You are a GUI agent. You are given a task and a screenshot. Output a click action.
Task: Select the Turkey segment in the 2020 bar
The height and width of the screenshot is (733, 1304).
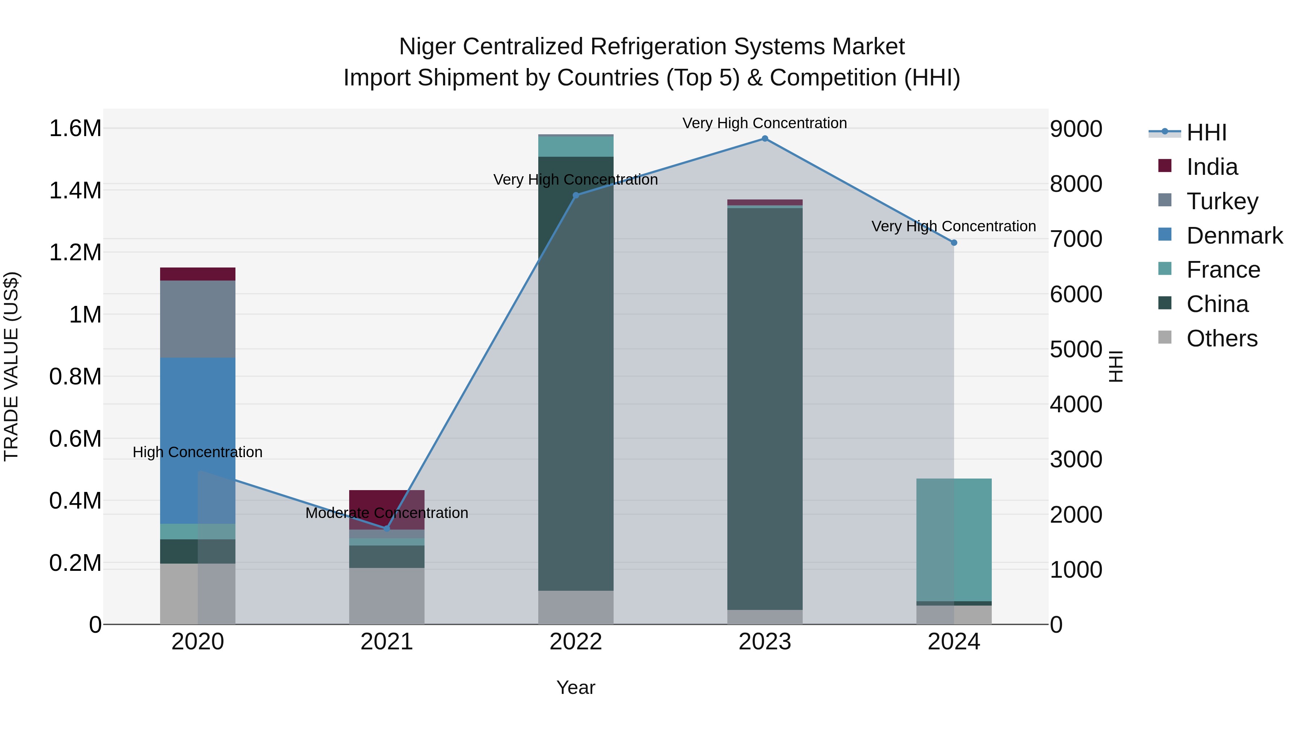coord(197,319)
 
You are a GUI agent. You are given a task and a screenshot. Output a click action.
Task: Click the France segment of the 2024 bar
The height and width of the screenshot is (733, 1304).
coord(954,539)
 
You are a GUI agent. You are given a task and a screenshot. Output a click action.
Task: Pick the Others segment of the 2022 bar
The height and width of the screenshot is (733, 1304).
coord(576,607)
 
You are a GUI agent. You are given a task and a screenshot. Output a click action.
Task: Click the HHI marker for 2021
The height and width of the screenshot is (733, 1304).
coord(387,528)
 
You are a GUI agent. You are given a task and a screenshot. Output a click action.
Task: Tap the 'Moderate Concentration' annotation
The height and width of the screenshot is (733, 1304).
coord(387,513)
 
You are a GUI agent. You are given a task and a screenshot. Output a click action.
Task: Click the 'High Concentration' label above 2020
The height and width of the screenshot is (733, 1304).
coord(197,452)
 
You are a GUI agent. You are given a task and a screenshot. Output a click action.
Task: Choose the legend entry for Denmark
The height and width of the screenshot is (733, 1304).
coord(1234,236)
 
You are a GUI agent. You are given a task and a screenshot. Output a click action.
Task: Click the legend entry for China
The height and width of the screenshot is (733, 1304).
coord(1217,304)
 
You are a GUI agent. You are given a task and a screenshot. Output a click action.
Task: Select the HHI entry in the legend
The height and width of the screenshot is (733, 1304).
coord(1206,132)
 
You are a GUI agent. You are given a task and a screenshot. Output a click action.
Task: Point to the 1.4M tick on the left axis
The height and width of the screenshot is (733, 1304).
coord(75,191)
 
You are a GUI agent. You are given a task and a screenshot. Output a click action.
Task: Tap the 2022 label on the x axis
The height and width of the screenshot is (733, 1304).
coord(576,641)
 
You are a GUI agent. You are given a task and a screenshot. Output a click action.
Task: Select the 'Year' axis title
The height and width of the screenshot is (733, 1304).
coord(576,687)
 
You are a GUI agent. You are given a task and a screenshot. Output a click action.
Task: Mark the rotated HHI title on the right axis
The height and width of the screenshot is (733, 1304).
coord(1116,366)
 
